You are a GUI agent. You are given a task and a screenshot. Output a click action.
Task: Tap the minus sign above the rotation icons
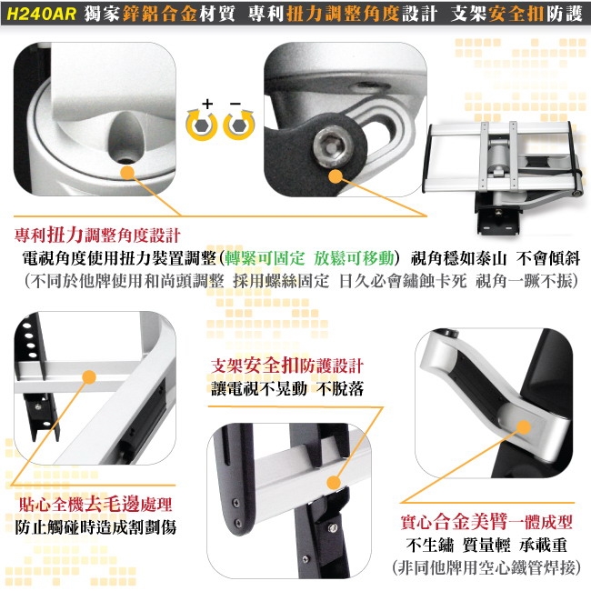[236, 104]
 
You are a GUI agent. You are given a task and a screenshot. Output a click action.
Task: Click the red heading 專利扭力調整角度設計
[98, 234]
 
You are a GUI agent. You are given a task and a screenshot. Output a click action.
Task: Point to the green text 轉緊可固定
[268, 256]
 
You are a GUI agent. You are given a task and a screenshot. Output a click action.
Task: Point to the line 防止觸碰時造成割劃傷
[95, 527]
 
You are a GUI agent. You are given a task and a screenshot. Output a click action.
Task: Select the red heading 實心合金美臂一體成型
[486, 524]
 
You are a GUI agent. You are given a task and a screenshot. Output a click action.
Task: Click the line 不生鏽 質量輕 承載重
[486, 546]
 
